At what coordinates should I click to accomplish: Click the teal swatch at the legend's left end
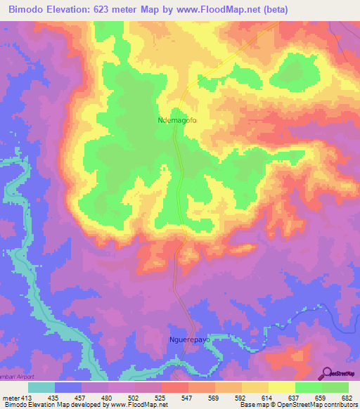[x=41, y=387]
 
